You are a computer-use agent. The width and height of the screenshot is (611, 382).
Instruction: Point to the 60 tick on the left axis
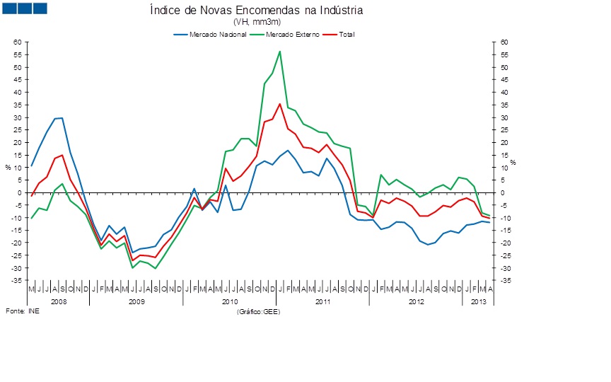19,42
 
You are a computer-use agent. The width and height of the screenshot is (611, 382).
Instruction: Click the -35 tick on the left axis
18,281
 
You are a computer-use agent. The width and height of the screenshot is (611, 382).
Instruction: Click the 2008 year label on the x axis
58,301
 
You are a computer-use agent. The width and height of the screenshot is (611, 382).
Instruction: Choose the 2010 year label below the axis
229,301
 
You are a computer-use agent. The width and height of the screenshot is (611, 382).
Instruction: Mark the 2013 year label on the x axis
477,301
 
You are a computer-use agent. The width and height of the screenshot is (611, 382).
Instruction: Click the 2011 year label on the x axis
322,301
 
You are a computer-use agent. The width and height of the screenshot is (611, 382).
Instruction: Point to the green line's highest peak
280,51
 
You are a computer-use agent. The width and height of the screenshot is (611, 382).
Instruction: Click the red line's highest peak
280,104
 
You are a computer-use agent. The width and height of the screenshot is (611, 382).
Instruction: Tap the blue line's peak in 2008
62,118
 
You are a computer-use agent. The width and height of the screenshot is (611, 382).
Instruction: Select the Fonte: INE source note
23,311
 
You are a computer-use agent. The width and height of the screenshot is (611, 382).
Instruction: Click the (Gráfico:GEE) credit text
259,311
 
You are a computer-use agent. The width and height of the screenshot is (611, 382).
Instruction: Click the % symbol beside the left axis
8,167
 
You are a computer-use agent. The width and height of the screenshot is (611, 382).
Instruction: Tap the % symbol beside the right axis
513,163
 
